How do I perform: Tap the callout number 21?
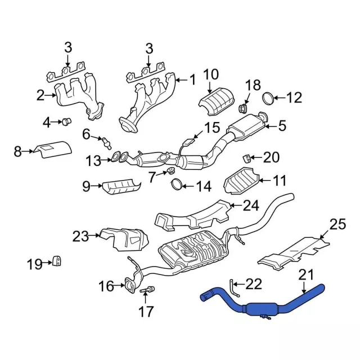coord(304,274)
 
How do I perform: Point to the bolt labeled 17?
coord(150,290)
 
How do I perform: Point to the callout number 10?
coord(210,74)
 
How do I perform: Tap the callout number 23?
coord(81,236)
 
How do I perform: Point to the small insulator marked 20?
coord(246,156)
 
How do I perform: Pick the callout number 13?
coord(93,161)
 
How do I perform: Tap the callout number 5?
coord(282,127)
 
